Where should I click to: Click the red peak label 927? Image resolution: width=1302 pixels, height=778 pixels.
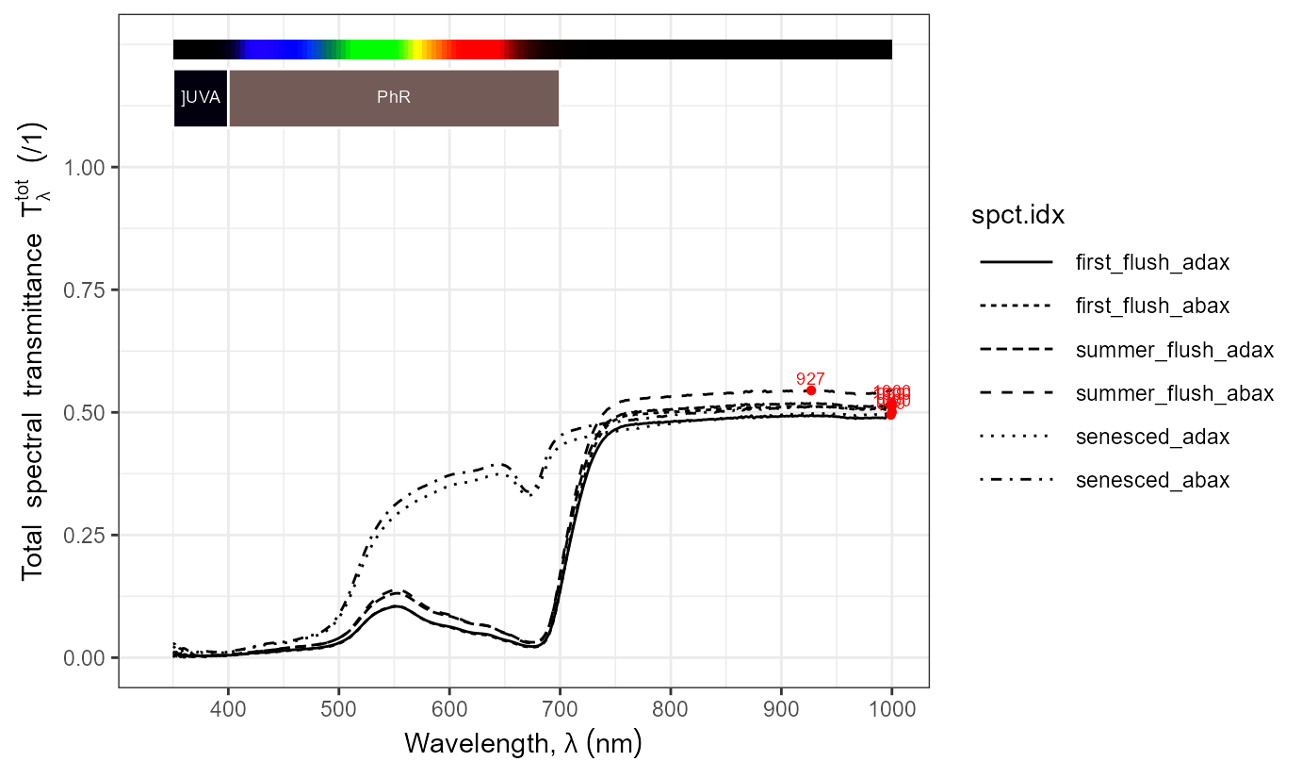tap(810, 378)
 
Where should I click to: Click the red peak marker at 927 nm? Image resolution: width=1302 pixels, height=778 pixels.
tap(810, 390)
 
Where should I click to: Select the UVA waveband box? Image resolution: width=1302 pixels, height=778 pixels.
tap(201, 98)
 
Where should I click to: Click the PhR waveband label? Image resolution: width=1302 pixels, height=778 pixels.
tap(394, 97)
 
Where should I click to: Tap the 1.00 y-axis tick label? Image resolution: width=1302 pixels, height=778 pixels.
tap(88, 167)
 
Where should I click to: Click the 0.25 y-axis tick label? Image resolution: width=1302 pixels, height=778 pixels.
tap(88, 535)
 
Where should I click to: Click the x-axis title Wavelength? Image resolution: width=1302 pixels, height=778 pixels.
tap(523, 743)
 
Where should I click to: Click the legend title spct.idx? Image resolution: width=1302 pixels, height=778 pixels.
tap(1017, 216)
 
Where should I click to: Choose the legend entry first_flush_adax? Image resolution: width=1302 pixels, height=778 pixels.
tap(1152, 263)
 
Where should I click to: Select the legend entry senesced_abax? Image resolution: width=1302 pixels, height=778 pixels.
tap(1152, 480)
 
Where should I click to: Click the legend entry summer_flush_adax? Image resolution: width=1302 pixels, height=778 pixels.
tap(1174, 350)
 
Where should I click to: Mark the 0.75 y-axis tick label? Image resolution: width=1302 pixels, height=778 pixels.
tap(88, 290)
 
